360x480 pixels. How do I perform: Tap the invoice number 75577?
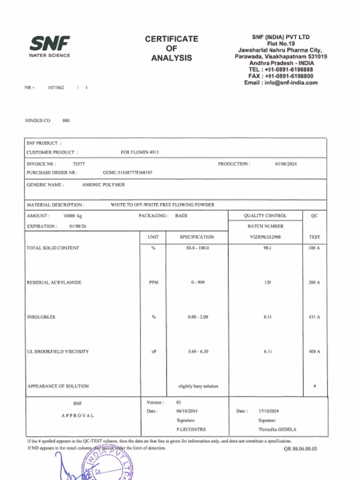(79, 164)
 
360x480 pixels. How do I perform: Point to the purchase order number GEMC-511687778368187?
(127, 172)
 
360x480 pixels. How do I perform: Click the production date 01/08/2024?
(286, 164)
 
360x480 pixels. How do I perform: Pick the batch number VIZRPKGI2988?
(265, 237)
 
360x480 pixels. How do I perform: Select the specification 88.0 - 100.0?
(197, 248)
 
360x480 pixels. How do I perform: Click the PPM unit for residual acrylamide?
(153, 283)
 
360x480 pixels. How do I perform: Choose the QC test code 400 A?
(315, 352)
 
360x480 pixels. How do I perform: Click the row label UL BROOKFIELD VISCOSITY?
(58, 352)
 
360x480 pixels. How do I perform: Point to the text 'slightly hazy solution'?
(198, 386)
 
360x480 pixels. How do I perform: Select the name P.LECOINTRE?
(191, 429)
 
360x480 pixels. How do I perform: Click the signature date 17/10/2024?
(269, 411)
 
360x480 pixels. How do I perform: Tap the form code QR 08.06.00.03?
(300, 449)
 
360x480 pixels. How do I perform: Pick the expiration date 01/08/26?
(78, 226)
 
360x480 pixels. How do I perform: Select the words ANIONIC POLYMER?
(104, 185)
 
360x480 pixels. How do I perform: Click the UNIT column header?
(153, 237)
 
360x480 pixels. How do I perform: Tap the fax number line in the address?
(281, 76)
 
